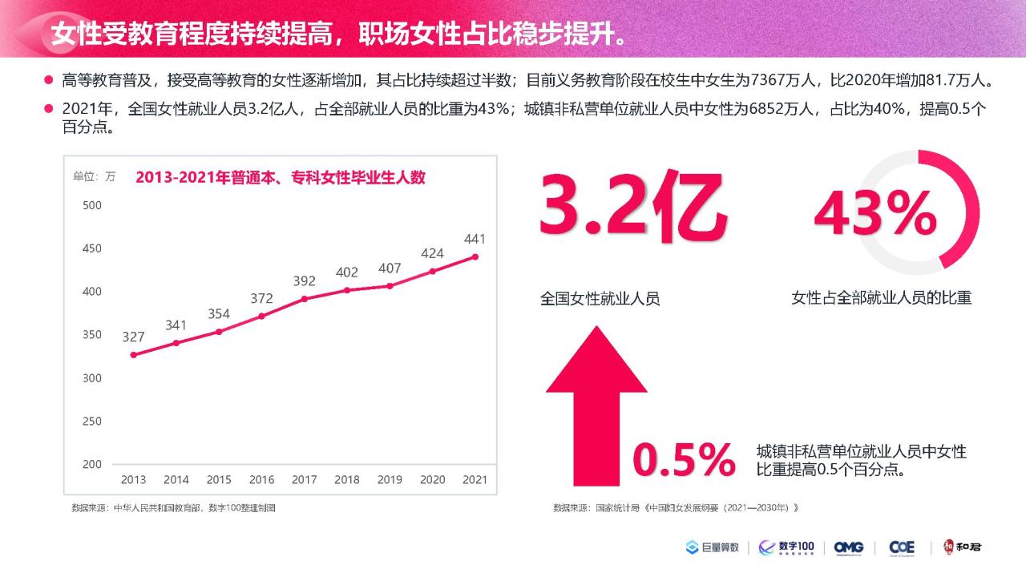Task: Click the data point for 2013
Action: [x=133, y=354]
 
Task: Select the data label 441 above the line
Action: [x=475, y=239]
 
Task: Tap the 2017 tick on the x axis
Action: [x=304, y=479]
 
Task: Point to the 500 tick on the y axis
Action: [x=92, y=205]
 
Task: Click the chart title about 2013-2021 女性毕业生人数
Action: [x=280, y=178]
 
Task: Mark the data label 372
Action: [x=261, y=299]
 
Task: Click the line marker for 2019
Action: [x=390, y=285]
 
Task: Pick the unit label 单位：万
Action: [x=95, y=177]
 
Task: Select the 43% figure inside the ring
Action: [x=875, y=213]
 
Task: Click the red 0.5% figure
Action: [x=684, y=459]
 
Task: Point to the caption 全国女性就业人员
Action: [x=600, y=299]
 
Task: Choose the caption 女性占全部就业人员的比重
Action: [x=881, y=298]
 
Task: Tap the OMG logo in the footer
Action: [x=848, y=547]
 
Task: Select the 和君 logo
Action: [x=962, y=547]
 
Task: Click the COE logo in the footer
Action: [x=902, y=547]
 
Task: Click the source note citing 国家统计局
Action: [x=677, y=508]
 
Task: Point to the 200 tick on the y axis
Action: [x=92, y=464]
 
